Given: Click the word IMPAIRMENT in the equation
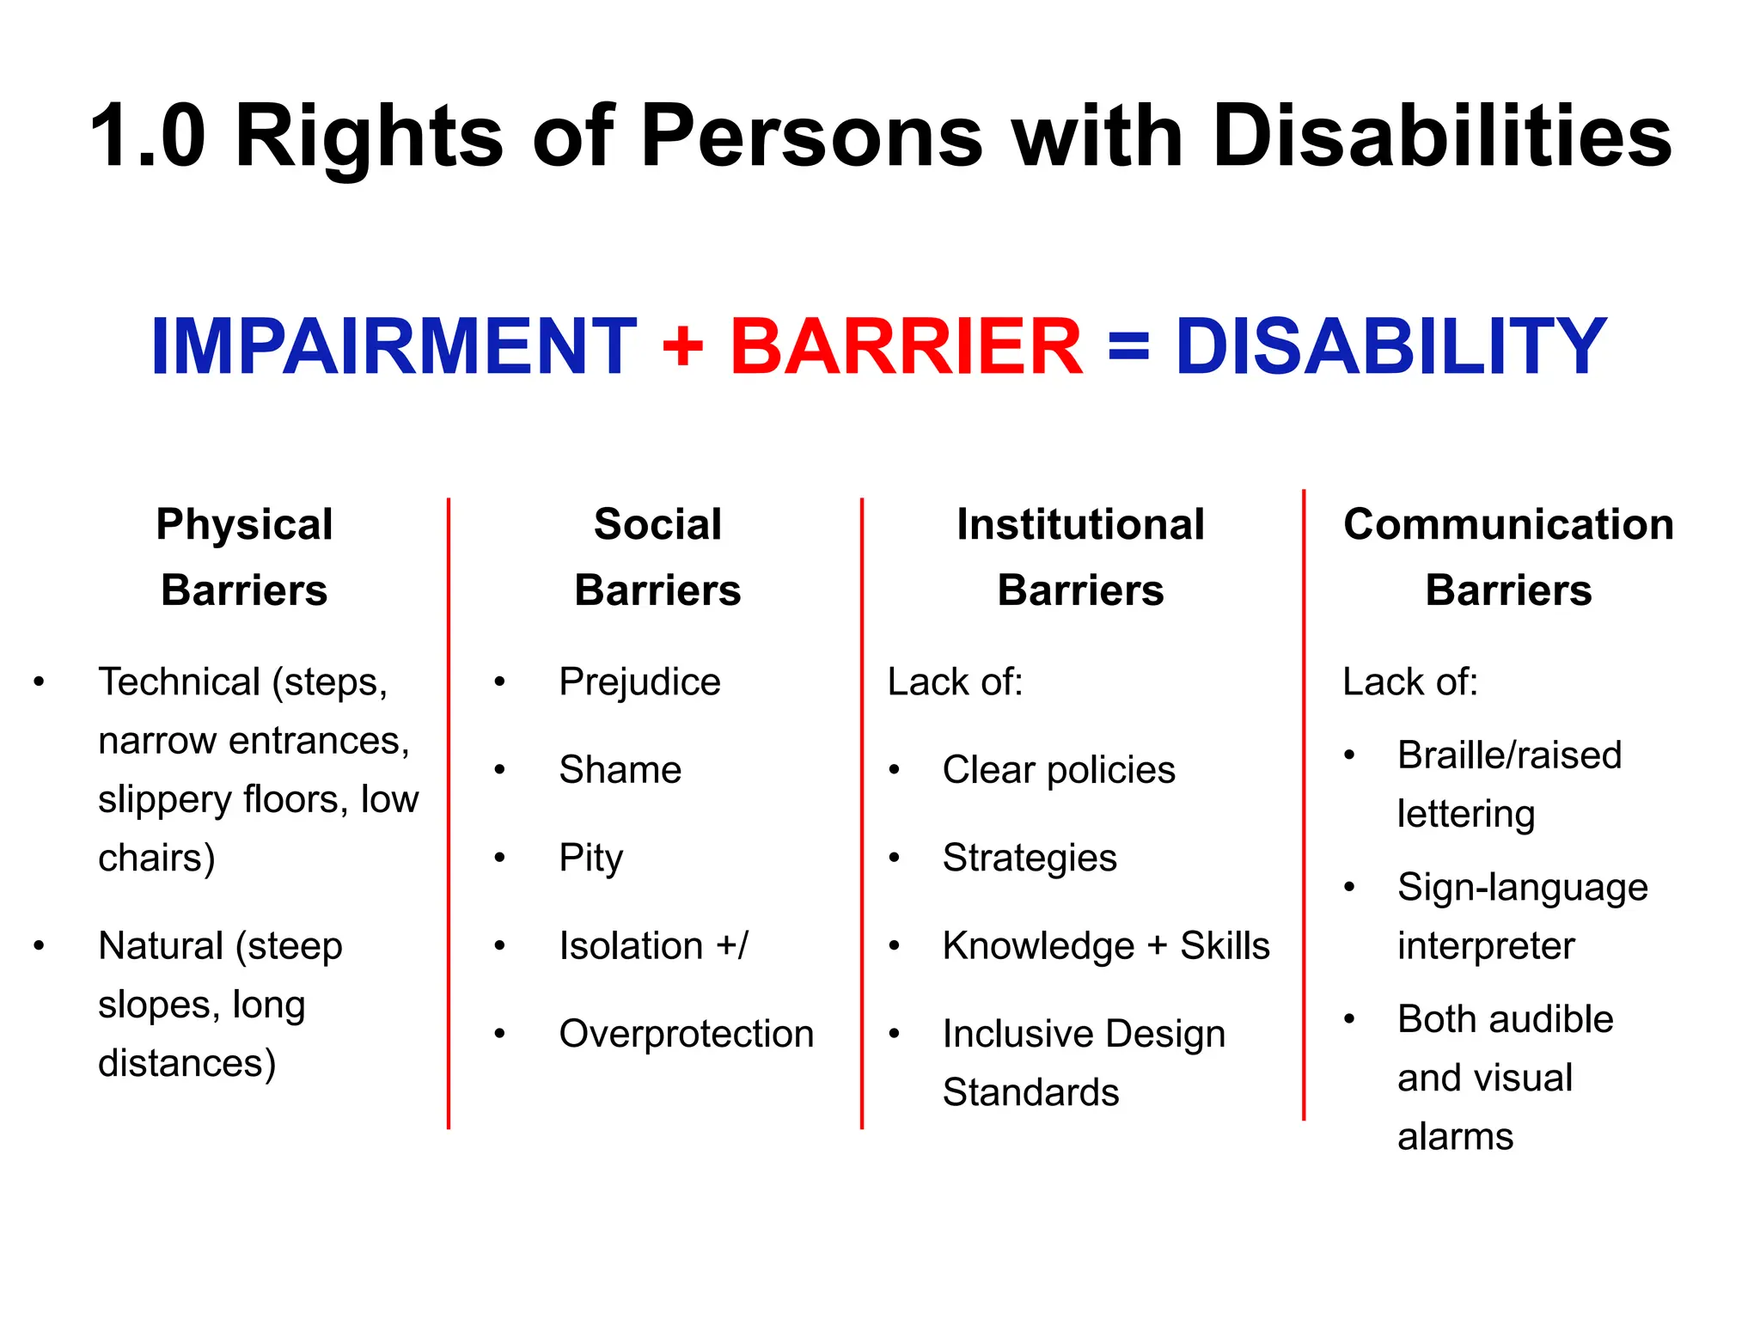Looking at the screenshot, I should coord(393,346).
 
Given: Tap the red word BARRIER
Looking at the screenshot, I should coord(906,346).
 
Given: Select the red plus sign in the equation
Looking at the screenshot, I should coord(683,347).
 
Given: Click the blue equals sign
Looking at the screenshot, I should coord(1128,347).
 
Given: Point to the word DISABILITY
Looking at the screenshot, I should coord(1390,346).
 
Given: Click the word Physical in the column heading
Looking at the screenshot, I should coord(244,524).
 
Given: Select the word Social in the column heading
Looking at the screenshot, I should coord(657,524).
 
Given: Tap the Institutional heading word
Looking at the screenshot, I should coord(1080,524).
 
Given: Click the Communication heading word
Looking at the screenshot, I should coord(1508,524).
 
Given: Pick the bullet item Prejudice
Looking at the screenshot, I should coord(639,682).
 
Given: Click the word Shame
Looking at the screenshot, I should coord(620,770).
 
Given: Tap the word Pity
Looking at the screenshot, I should coord(590,858).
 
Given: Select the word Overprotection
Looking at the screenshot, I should coord(686,1034).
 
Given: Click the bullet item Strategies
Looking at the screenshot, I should coord(1029,858).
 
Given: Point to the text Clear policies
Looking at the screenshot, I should coord(1058,770).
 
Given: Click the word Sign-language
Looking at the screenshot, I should coord(1522,888).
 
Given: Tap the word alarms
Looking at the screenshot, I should coord(1455,1137).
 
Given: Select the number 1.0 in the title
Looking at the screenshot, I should coord(148,136).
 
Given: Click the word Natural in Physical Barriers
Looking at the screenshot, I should coord(161,946).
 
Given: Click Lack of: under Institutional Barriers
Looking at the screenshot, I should coord(955,682).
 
